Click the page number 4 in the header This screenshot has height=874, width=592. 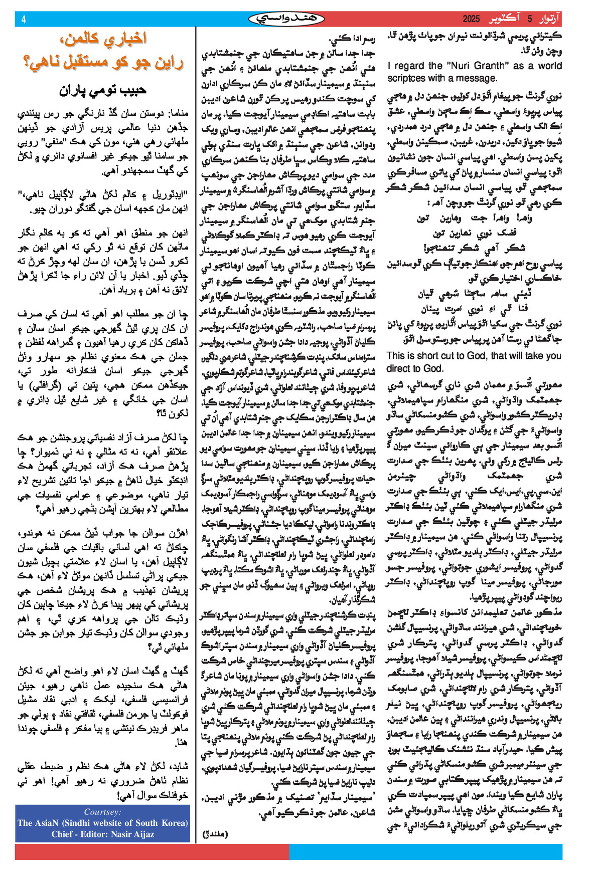point(24,20)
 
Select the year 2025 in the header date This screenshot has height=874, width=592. point(471,20)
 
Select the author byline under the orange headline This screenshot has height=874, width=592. point(102,90)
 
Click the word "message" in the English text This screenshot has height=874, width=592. point(479,78)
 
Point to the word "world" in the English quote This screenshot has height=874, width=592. point(549,66)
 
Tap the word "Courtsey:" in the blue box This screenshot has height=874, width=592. point(102,812)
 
